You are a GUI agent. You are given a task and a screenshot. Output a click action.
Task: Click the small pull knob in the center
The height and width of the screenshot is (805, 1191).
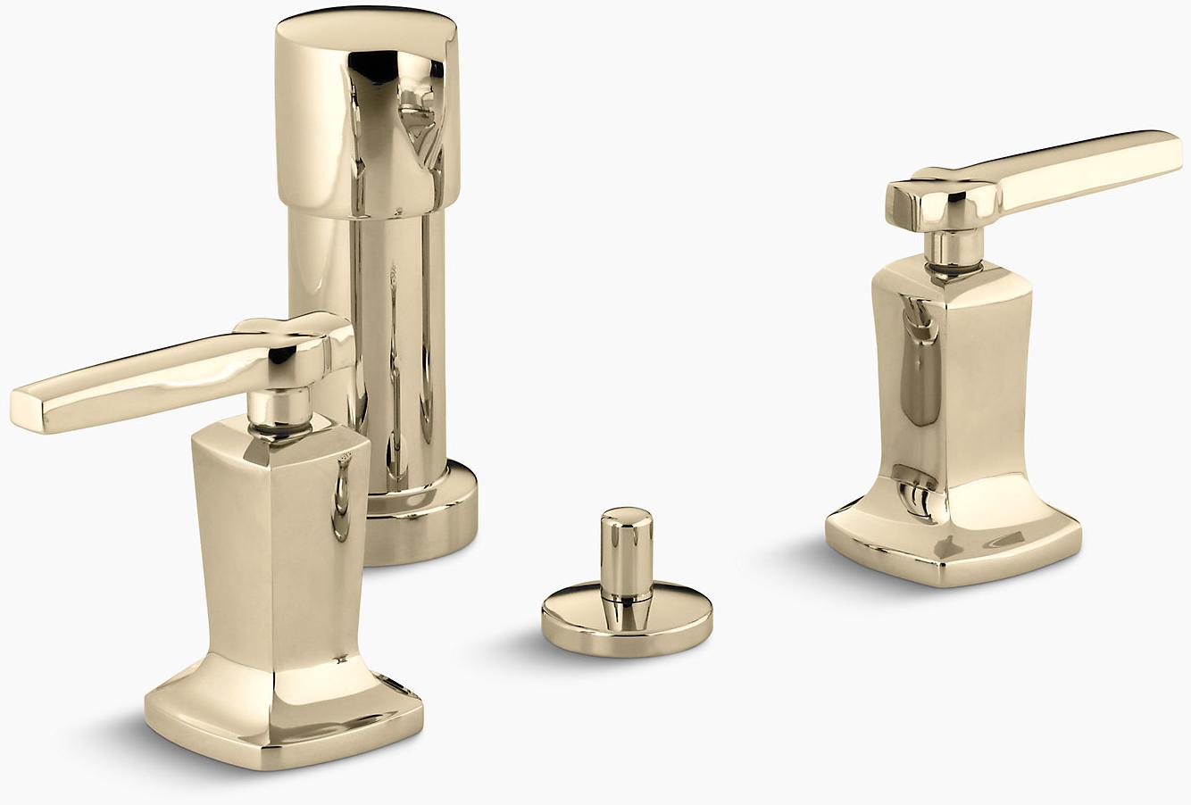tap(624, 549)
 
